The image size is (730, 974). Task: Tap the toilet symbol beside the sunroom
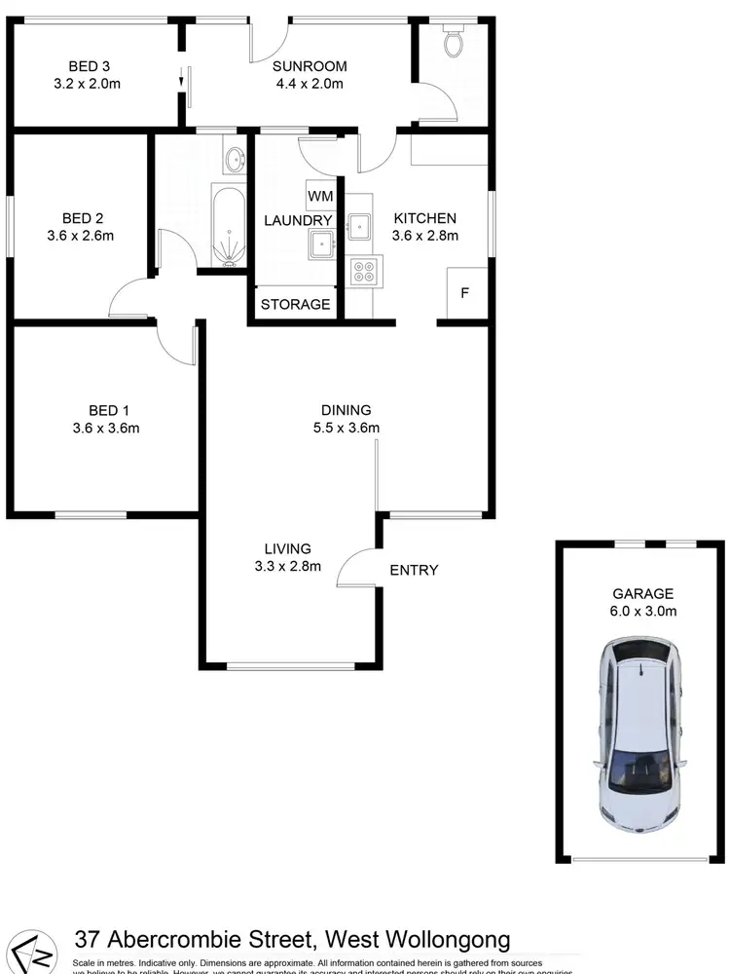pyautogui.click(x=453, y=42)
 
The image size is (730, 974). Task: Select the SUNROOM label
pyautogui.click(x=310, y=66)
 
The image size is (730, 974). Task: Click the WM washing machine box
pyautogui.click(x=320, y=197)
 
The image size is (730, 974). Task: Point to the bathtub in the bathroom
pyautogui.click(x=229, y=227)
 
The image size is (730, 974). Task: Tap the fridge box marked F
pyautogui.click(x=464, y=292)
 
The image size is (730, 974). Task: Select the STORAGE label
pyautogui.click(x=296, y=305)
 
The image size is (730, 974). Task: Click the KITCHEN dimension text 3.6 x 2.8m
pyautogui.click(x=424, y=235)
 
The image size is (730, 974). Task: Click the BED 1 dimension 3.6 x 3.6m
pyautogui.click(x=106, y=428)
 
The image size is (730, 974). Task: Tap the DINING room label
pyautogui.click(x=346, y=410)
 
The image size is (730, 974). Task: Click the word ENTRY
pyautogui.click(x=414, y=570)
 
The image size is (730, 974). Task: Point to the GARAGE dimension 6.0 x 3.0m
pyautogui.click(x=643, y=611)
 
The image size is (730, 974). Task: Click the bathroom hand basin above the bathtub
pyautogui.click(x=234, y=159)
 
